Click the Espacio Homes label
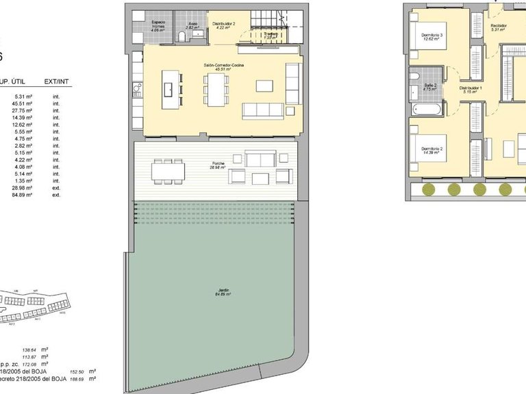tap(158, 26)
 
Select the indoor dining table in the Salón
tap(216, 89)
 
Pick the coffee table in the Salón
tap(264, 86)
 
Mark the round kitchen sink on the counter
tap(137, 88)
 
